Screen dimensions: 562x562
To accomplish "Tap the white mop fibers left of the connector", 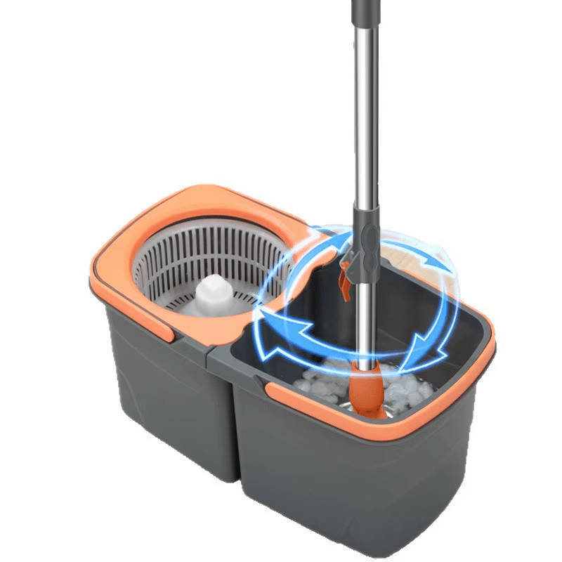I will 316,383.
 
